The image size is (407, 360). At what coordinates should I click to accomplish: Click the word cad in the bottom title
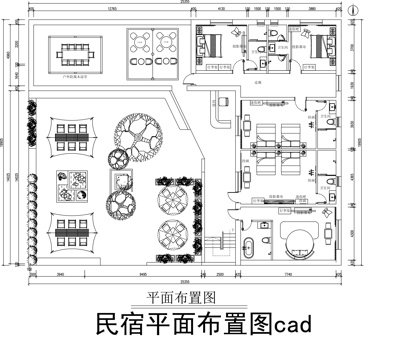[296, 325]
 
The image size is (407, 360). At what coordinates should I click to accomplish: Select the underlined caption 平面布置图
[181, 297]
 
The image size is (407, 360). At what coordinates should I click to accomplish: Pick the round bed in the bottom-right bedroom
[298, 238]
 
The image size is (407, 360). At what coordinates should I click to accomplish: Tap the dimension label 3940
[60, 273]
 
